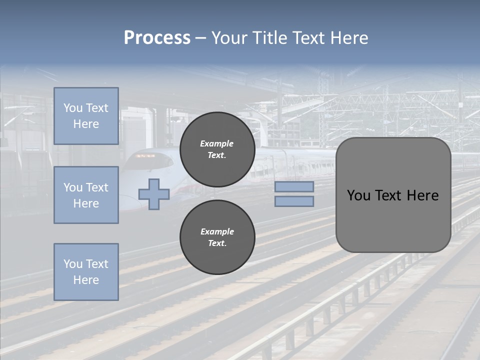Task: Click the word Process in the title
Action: tap(157, 38)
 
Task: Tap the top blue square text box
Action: tap(86, 116)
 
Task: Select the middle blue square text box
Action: tap(86, 195)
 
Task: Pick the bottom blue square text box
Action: tap(86, 271)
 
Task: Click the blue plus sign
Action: tap(154, 194)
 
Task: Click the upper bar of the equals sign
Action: tap(294, 186)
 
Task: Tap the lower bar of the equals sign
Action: tap(294, 201)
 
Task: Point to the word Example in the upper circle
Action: tap(216, 143)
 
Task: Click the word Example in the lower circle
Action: tap(217, 231)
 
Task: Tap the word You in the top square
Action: tap(72, 108)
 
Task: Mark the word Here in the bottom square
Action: tap(86, 280)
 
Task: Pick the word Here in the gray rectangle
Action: tap(423, 195)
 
